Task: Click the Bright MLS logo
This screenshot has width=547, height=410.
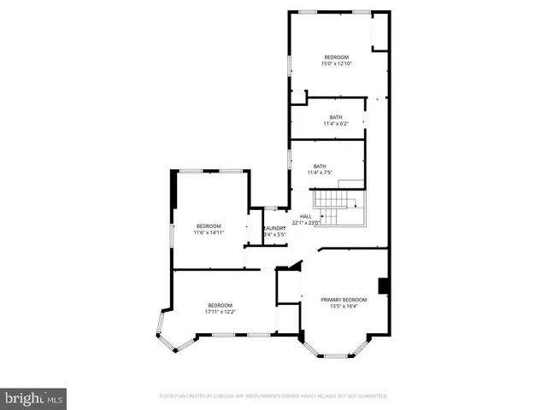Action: tap(33, 398)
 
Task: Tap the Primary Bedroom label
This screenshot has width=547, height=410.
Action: tap(344, 300)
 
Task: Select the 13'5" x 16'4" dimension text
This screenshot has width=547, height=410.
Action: tap(344, 307)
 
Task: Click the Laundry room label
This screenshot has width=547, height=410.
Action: tap(274, 228)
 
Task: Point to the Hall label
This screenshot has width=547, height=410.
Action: tap(305, 217)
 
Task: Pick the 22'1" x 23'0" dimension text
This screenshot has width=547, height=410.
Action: tap(305, 223)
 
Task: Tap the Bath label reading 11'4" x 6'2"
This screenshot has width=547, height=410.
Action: tap(336, 117)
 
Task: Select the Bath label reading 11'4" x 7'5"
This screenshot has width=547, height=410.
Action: tap(320, 167)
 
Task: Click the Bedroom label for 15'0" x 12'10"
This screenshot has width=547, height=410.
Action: tap(336, 57)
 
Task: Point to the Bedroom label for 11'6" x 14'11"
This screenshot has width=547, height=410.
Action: tap(209, 225)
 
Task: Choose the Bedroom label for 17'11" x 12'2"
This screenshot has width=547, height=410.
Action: tap(220, 305)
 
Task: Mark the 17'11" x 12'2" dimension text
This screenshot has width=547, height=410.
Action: tap(220, 312)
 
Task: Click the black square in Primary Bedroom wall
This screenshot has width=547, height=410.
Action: tap(384, 286)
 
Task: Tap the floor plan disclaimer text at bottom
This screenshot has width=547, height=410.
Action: tap(273, 396)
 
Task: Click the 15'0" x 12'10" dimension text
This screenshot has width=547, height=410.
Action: tap(336, 64)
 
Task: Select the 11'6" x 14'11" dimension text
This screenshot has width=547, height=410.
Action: tap(209, 232)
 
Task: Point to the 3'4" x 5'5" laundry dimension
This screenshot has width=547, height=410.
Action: tap(274, 234)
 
